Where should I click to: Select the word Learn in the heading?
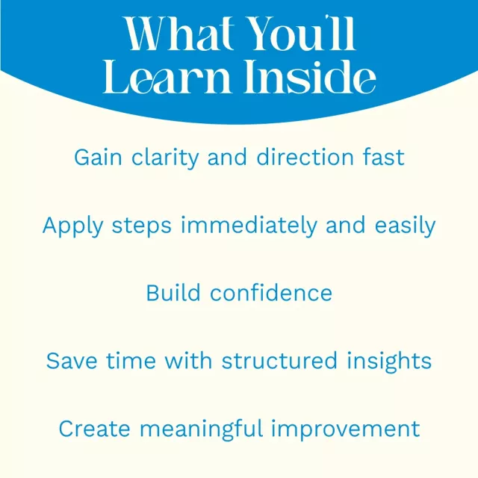click(167, 76)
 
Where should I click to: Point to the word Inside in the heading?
click(310, 76)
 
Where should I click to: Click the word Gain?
click(98, 158)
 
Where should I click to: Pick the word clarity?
click(165, 158)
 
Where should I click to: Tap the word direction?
click(305, 157)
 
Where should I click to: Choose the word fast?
click(383, 157)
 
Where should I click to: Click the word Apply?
click(73, 226)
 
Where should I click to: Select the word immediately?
click(249, 226)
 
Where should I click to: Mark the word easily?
click(405, 226)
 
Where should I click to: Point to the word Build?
click(173, 293)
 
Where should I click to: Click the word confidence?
click(271, 293)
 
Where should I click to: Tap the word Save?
click(72, 361)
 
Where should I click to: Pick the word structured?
click(279, 361)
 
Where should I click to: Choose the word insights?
click(389, 361)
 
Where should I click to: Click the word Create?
click(95, 429)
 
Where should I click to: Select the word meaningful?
click(201, 429)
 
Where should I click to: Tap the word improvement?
click(346, 429)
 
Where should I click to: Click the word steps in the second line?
click(142, 227)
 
